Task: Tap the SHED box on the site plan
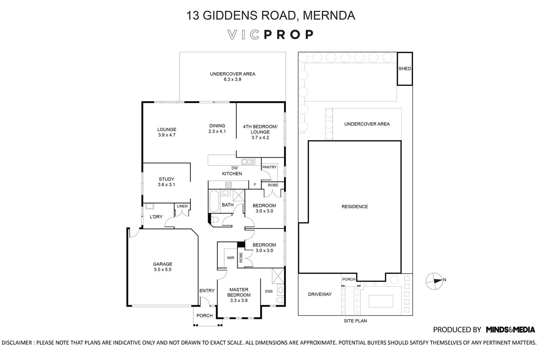405,69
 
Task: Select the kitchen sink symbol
248,162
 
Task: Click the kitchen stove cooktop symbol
228,185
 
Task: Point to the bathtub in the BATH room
213,202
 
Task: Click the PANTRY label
269,167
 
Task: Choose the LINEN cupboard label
182,206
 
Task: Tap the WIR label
230,258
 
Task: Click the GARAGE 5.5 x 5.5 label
162,266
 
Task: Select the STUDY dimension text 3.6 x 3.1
166,185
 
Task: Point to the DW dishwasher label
234,168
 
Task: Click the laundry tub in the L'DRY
150,207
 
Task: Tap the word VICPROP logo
271,35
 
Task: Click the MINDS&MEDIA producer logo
510,329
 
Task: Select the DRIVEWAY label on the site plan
320,294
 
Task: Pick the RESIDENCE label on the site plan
355,207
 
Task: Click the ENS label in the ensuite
269,292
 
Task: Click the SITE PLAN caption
355,321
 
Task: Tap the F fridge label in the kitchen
255,185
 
